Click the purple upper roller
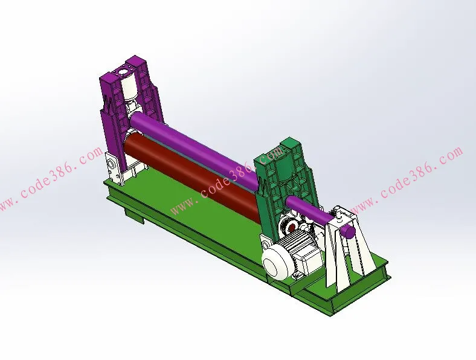(x=195, y=149)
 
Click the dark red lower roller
(x=191, y=173)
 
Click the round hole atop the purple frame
(x=124, y=72)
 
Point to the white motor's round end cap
(x=275, y=263)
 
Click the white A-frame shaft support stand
(x=349, y=246)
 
